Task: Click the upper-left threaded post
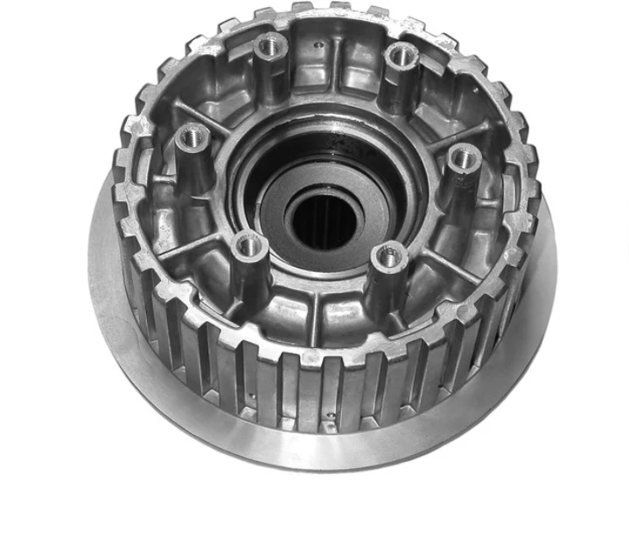[x=270, y=45]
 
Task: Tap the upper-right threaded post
[x=402, y=54]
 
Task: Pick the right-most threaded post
[x=465, y=158]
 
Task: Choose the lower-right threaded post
[x=386, y=256]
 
